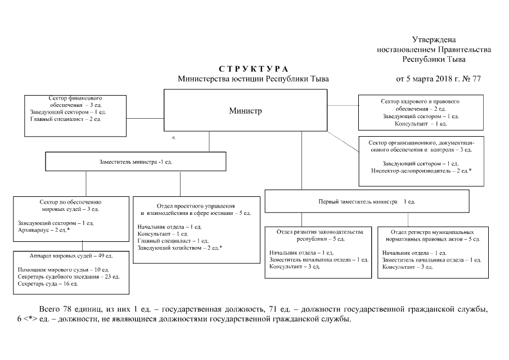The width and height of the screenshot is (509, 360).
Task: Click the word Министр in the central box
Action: click(245, 111)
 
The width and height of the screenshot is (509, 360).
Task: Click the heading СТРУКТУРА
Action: click(253, 69)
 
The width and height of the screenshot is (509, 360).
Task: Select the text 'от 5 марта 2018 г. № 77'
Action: click(438, 79)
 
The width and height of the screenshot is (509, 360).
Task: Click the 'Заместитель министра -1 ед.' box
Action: click(136, 161)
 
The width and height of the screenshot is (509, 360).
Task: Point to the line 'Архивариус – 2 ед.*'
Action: click(43, 231)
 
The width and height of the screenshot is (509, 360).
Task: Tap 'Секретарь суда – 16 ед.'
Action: click(48, 284)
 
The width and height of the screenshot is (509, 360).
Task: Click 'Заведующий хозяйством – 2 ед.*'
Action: click(180, 247)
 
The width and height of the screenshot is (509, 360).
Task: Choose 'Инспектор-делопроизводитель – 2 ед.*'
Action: click(421, 170)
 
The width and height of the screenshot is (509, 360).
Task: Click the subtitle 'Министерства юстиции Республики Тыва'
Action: click(253, 79)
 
